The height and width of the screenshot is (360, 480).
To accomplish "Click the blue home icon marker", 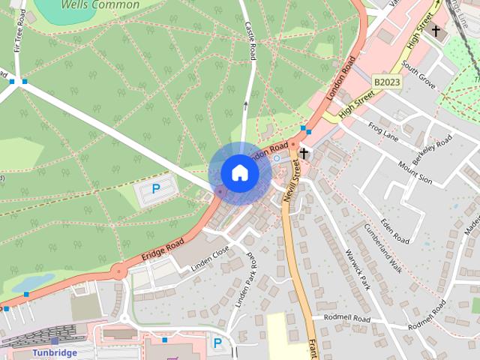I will coord(239,173).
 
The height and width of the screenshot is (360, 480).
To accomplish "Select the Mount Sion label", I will coord(415,172).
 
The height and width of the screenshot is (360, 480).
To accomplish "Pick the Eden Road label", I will coord(394,229).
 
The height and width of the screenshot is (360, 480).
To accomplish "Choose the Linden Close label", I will coord(211,258).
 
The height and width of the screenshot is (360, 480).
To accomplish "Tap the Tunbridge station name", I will coord(55,352).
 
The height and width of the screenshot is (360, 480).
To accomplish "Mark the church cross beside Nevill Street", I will coord(304,153).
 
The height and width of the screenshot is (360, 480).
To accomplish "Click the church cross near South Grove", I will coord(436,31).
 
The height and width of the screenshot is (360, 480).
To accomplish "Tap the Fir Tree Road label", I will coord(18,37).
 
